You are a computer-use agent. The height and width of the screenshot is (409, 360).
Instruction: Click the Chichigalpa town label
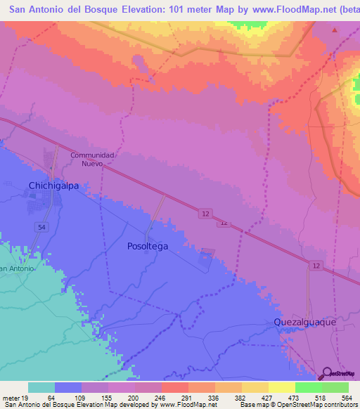(54, 186)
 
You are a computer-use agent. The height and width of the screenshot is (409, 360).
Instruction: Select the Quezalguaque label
(309, 321)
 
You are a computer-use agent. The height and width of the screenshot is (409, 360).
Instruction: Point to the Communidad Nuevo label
(91, 159)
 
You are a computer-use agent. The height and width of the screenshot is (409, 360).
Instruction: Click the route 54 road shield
(41, 226)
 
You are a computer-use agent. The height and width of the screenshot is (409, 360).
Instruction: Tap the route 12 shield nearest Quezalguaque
(316, 264)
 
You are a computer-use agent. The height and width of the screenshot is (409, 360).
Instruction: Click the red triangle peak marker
(335, 31)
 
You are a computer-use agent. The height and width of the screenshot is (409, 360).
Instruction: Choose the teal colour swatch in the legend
(41, 387)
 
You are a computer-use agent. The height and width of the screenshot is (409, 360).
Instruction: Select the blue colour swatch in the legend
(67, 387)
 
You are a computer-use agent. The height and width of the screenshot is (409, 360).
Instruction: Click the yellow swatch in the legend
(281, 387)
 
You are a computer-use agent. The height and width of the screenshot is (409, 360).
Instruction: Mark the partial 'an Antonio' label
(17, 268)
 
